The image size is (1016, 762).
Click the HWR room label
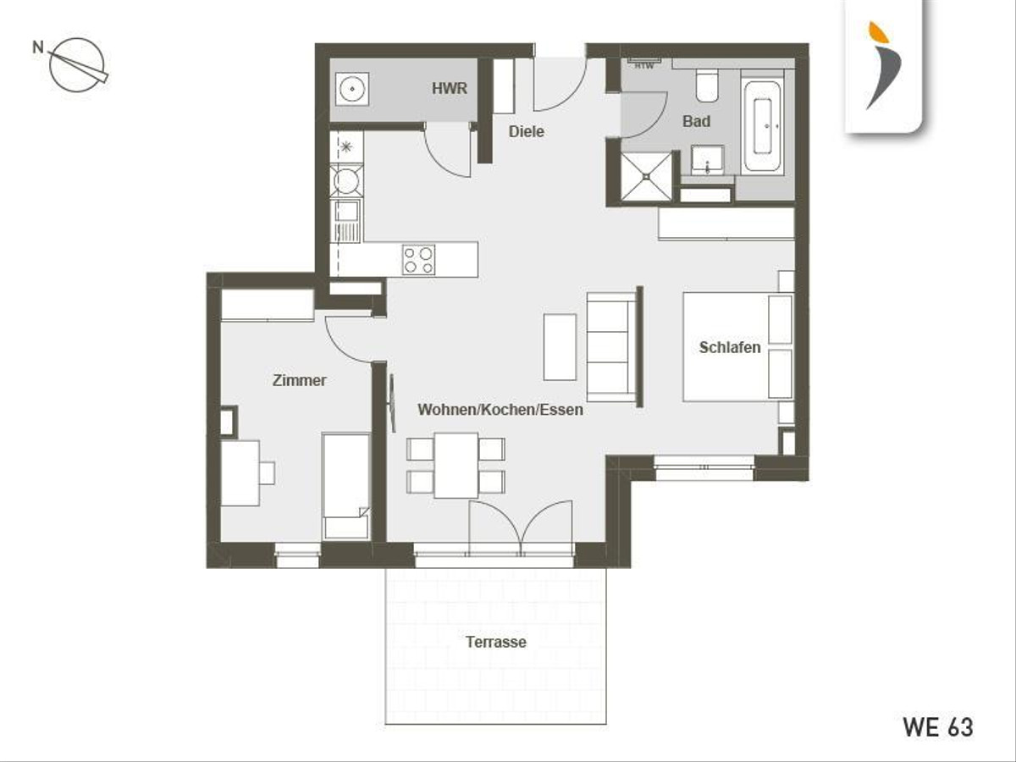449,88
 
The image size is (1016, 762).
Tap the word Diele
527,131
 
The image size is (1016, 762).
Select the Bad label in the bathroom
696,121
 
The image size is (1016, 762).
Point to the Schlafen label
730,347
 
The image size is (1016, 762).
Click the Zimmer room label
299,380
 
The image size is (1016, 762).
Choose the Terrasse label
496,642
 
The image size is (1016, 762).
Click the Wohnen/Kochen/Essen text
500,410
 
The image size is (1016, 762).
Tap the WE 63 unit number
938,727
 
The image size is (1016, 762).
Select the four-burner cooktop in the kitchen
418,260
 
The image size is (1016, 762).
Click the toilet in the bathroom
707,86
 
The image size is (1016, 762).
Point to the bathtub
762,122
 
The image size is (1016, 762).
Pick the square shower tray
646,177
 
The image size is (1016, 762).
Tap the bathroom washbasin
707,160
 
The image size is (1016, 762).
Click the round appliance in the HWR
353,88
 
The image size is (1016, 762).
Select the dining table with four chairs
456,466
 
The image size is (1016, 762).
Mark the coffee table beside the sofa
560,347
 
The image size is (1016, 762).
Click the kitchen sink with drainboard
345,221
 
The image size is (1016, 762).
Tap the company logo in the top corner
884,66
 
